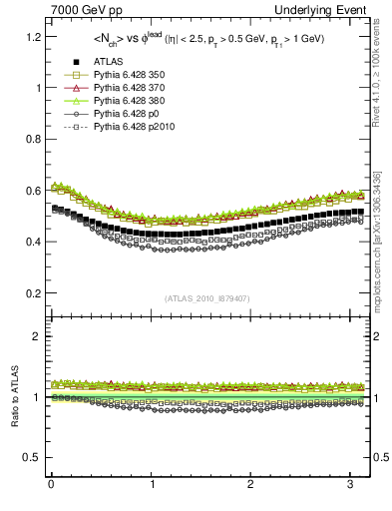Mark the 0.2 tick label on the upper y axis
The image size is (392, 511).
tap(31, 293)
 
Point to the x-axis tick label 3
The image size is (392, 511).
tap(350, 486)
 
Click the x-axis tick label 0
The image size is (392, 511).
tap(50, 486)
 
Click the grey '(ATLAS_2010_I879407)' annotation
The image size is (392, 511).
tap(206, 298)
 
